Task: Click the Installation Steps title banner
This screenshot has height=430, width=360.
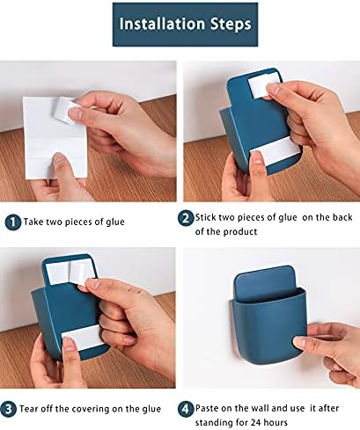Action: point(180,25)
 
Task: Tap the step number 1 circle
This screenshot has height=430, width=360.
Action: point(12,222)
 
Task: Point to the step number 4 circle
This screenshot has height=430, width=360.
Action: point(187,408)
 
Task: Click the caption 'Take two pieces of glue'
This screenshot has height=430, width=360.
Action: point(75,222)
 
